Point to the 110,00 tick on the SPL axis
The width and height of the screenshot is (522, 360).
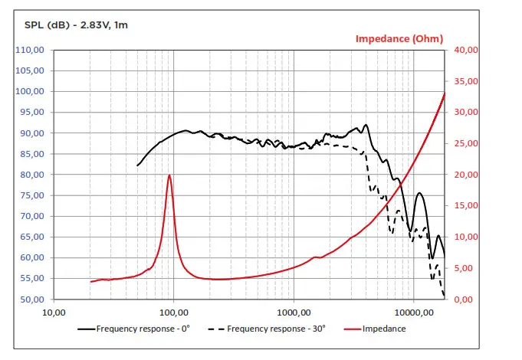click(x=31, y=51)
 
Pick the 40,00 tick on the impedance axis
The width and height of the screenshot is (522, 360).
click(x=466, y=51)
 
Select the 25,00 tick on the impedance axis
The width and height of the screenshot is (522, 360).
click(x=466, y=144)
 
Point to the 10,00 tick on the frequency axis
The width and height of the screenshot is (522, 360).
click(x=53, y=313)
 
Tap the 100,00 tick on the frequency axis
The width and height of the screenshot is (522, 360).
click(x=173, y=313)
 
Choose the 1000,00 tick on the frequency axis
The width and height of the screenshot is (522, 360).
click(x=294, y=313)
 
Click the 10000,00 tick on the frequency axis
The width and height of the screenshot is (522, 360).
click(x=413, y=313)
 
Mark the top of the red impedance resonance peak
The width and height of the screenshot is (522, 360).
click(x=169, y=175)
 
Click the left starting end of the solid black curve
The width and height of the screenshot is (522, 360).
click(x=137, y=165)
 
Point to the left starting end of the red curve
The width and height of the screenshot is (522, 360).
click(x=90, y=282)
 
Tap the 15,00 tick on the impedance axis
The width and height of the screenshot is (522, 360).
click(x=466, y=206)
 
